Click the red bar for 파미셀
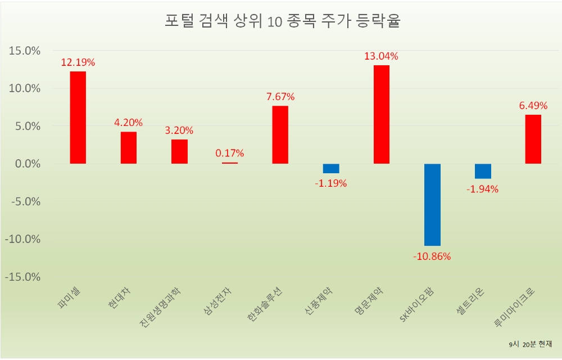coord(78,118)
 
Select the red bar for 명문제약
coord(381,114)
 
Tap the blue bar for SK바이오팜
coord(432,205)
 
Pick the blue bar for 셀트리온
coord(482,171)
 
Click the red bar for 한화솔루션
coord(280,134)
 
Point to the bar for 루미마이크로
coord(533,139)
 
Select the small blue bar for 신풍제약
coord(330,168)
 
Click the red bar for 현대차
coord(128,147)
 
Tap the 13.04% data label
coord(381,56)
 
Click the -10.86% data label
coord(432,256)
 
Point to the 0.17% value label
coord(229,153)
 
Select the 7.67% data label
coord(280,97)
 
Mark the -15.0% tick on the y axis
coord(23,277)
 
